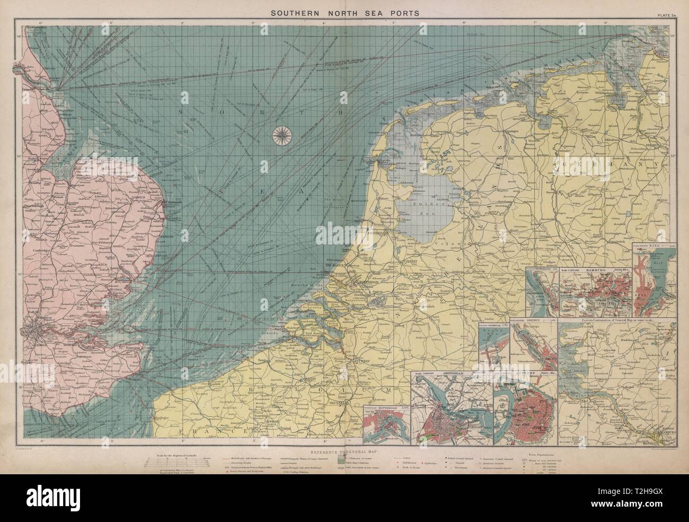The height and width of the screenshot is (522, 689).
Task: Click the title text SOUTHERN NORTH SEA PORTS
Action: [344, 13]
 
